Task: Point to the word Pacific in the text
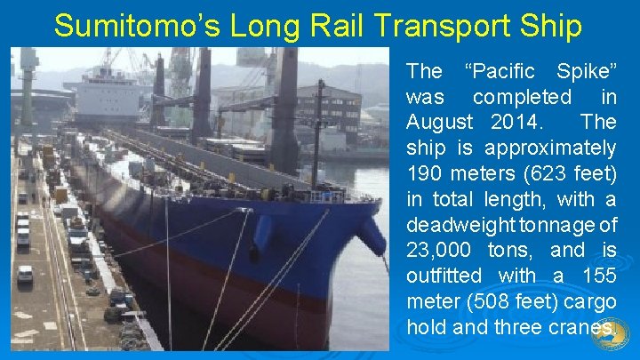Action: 502,70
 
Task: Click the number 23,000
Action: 441,250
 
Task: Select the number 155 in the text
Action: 596,276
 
